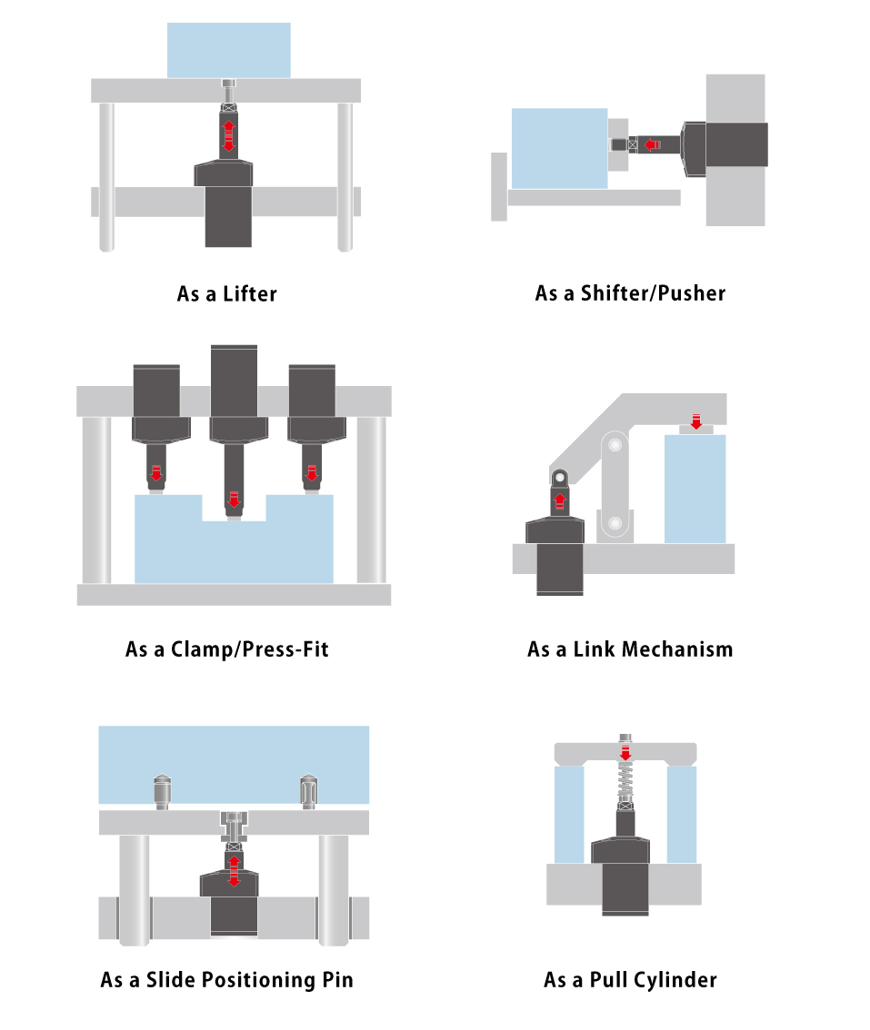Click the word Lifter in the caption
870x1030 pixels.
click(x=250, y=293)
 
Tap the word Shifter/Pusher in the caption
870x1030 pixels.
click(x=653, y=293)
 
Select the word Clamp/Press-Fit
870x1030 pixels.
click(x=250, y=649)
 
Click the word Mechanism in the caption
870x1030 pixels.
click(x=677, y=649)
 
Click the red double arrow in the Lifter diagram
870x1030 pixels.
click(x=228, y=135)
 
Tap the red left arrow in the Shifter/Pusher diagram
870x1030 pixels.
click(x=652, y=144)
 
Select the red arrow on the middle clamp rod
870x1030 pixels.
click(x=234, y=500)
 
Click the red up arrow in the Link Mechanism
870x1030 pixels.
click(x=560, y=501)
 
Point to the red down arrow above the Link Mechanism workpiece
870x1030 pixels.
click(x=696, y=421)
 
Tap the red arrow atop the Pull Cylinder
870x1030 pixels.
click(x=625, y=752)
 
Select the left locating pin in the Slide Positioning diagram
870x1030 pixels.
click(x=163, y=792)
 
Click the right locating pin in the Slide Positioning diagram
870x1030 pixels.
click(x=308, y=792)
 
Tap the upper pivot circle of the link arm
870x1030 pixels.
click(x=615, y=445)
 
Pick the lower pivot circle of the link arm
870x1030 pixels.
click(x=615, y=523)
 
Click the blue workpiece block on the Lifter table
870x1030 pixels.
click(x=229, y=51)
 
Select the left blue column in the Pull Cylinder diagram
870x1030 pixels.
click(x=569, y=815)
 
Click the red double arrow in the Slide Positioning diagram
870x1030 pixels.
click(x=234, y=870)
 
